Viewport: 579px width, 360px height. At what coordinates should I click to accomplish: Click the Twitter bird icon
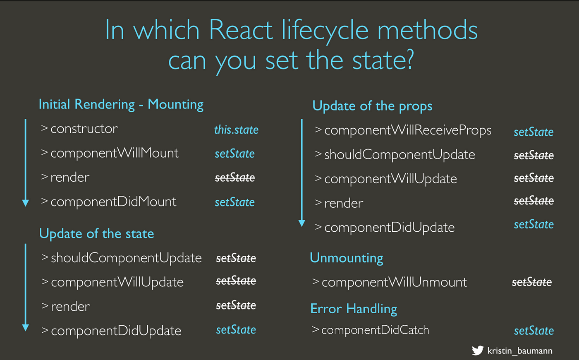coord(477,350)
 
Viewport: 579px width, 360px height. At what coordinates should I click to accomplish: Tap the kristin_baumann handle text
coord(520,351)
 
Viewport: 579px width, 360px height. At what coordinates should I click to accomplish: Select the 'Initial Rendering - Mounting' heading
coord(121,104)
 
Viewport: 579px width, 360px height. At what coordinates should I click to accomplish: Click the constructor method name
coord(84,129)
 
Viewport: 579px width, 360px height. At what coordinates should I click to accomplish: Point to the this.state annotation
coord(236,130)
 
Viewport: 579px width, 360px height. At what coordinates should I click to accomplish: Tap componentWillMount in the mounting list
coord(115,153)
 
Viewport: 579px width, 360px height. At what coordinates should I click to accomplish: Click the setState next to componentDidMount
coord(235,202)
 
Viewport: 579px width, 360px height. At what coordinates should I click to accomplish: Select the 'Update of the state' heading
coord(97,233)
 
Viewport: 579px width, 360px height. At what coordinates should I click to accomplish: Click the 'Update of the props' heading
coord(372,106)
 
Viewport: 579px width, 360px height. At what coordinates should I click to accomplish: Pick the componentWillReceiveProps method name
coord(408,130)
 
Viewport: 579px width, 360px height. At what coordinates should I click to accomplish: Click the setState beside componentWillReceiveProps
coord(534,132)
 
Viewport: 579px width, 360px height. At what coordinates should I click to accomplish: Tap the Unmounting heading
coord(347,258)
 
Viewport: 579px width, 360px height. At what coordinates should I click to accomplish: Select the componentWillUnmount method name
coord(394,282)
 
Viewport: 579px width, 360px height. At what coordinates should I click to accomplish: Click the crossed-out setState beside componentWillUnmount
coord(532,282)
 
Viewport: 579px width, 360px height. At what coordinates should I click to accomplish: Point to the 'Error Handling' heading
coord(354,309)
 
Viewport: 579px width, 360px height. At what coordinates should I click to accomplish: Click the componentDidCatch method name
coord(375,330)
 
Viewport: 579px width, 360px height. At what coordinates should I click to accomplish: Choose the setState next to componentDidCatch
coord(534,331)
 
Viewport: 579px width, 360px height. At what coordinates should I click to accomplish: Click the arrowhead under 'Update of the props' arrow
coord(301,223)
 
